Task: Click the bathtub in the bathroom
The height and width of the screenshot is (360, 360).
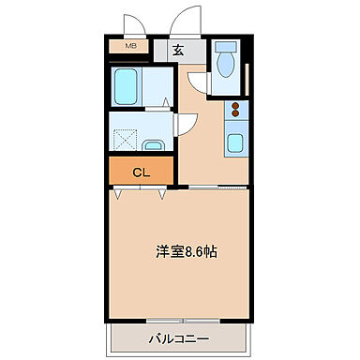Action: (126, 87)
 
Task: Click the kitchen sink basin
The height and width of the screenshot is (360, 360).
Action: (235, 142)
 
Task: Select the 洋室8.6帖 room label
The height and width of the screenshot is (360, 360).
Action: (188, 252)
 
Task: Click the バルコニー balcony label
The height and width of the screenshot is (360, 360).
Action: (178, 338)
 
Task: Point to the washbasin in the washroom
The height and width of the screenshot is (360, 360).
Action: (155, 144)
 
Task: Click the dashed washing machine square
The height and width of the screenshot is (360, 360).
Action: (125, 139)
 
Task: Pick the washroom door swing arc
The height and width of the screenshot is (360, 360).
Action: (187, 122)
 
